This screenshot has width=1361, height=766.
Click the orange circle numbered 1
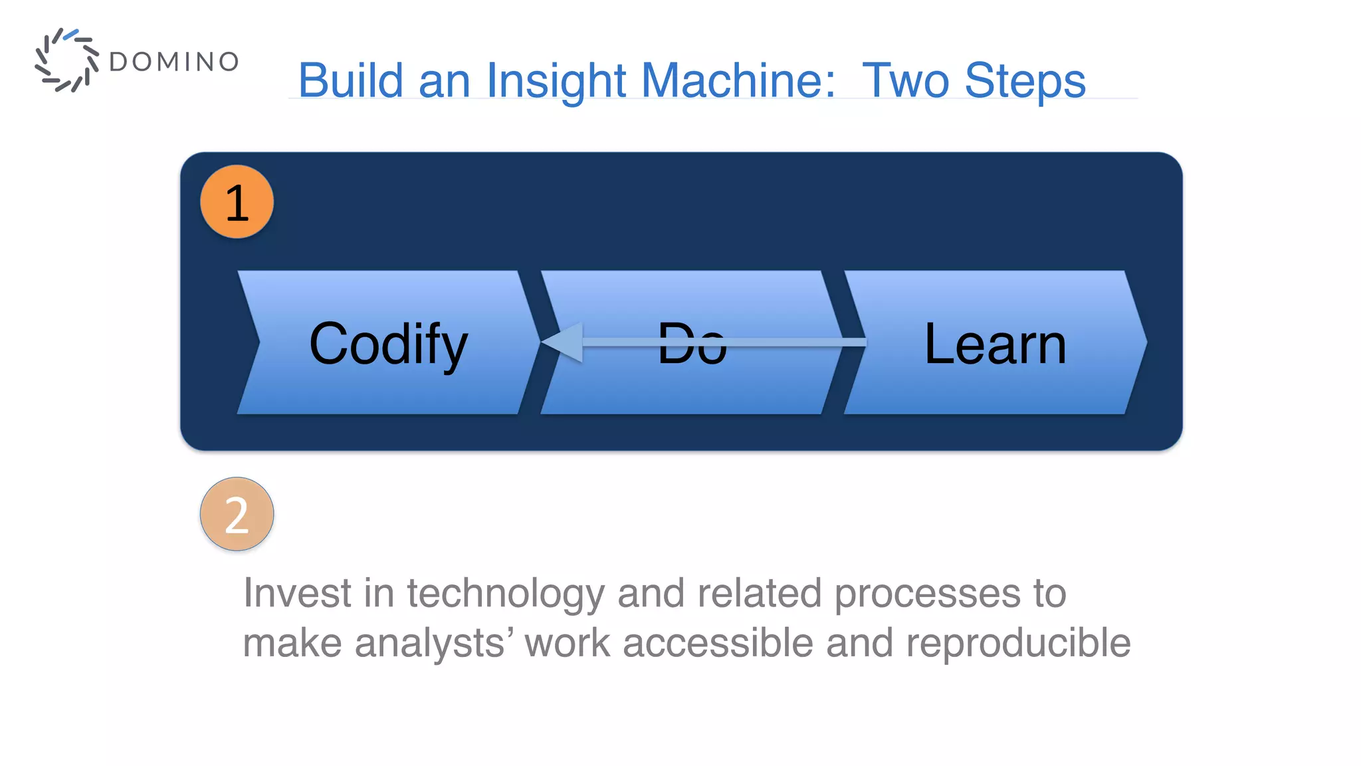click(237, 202)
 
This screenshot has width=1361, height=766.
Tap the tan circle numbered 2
click(237, 514)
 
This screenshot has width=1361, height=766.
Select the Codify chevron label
click(389, 344)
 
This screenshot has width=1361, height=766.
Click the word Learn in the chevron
click(995, 344)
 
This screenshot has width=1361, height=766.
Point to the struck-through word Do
click(691, 344)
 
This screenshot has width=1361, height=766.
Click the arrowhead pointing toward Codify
click(564, 342)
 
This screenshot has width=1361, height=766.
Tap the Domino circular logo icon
click(66, 60)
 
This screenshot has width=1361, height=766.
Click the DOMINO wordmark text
click(173, 62)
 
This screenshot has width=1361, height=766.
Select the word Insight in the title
click(556, 80)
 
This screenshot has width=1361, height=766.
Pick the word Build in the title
click(350, 80)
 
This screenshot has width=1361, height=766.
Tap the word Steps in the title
click(1025, 80)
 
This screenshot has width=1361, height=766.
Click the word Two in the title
click(905, 80)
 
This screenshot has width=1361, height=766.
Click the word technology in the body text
click(505, 594)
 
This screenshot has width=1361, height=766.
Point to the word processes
click(927, 594)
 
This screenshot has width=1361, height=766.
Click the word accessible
click(718, 643)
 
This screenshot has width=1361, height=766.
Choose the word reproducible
click(1017, 643)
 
